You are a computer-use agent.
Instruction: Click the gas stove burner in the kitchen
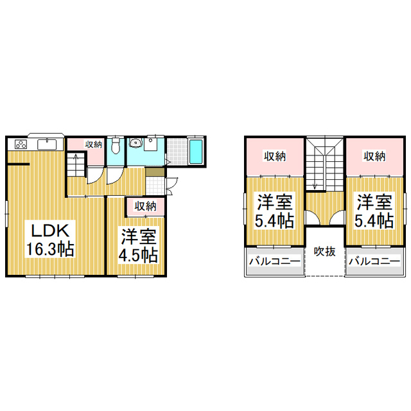click(x=19, y=144)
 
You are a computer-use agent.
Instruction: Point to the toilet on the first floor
click(x=116, y=146)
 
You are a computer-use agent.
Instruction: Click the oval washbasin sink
click(x=136, y=143)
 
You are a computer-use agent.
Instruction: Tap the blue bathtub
click(x=196, y=152)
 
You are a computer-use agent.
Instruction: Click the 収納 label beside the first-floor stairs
click(x=94, y=144)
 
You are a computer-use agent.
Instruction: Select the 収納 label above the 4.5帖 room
click(x=146, y=206)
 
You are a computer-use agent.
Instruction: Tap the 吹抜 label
click(x=324, y=252)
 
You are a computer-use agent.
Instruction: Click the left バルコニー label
click(x=274, y=262)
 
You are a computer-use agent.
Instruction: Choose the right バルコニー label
click(x=375, y=262)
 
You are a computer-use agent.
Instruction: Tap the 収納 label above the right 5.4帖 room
click(x=375, y=156)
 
